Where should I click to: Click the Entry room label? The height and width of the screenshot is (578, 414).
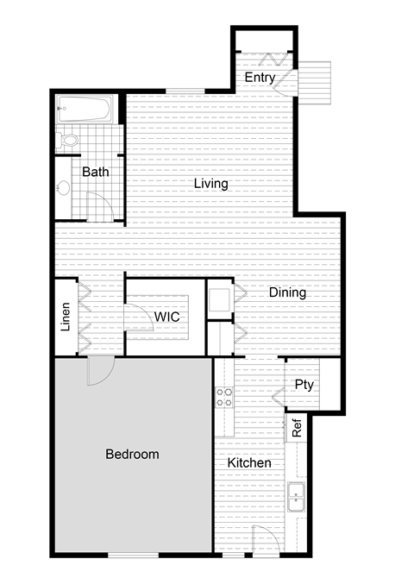(260, 78)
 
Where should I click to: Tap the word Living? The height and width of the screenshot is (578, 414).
(210, 184)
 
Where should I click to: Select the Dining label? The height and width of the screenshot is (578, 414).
(287, 292)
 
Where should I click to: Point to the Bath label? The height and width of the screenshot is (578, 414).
(96, 172)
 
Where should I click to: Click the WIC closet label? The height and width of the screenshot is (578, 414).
(167, 317)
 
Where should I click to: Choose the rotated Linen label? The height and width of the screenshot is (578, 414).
(66, 317)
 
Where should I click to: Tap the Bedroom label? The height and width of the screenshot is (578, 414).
(132, 454)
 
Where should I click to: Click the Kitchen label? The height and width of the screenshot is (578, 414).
(249, 463)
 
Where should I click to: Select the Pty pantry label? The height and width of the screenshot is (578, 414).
(304, 384)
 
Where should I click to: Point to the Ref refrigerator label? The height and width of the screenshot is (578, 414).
(297, 427)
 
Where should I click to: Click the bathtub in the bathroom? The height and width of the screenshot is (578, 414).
(85, 110)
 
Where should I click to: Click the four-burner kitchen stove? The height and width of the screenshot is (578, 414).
(224, 397)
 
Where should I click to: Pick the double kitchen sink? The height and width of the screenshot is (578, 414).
(296, 499)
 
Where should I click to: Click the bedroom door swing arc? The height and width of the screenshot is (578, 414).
(101, 370)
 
